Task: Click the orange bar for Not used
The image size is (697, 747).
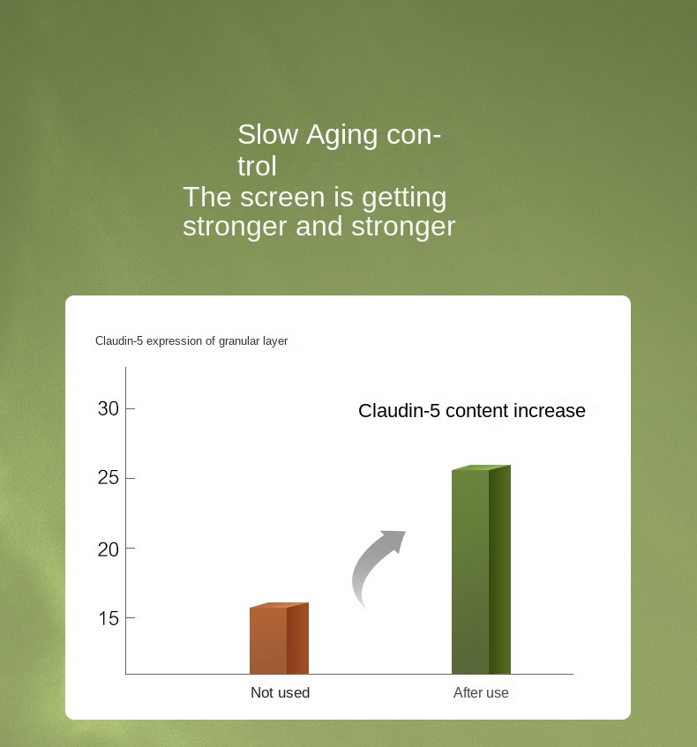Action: [x=279, y=639]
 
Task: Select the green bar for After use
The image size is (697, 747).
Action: [x=481, y=570]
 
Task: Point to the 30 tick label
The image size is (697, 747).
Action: [x=109, y=408]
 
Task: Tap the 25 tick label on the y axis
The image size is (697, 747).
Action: [x=109, y=478]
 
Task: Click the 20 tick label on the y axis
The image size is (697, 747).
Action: [x=109, y=549]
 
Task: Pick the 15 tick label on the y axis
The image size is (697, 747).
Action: [x=109, y=618]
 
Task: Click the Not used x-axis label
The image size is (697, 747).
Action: [x=281, y=692]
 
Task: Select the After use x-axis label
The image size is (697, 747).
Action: [x=481, y=692]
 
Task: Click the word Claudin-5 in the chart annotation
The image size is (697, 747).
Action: [x=399, y=411]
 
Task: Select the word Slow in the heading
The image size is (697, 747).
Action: [x=268, y=134]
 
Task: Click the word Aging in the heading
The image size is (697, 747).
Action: [x=342, y=136]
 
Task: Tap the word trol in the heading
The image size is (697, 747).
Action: [x=257, y=167]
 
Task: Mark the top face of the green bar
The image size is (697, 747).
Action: [x=482, y=467]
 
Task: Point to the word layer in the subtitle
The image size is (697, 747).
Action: [x=275, y=341]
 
